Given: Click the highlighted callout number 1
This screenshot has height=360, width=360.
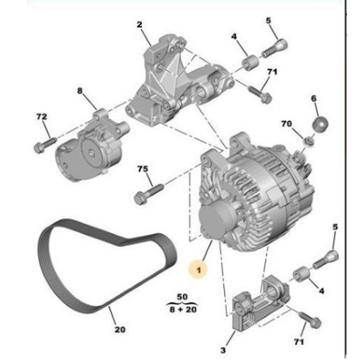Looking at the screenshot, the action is point(199,271).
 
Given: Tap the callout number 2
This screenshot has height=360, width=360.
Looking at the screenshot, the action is point(140,24).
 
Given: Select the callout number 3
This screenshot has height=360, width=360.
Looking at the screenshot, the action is point(223,351).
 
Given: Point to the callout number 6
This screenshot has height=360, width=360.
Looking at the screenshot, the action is point(314,99).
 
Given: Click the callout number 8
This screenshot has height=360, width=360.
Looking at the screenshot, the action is point(80,91).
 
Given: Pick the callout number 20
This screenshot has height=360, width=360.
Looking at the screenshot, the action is point(120,330).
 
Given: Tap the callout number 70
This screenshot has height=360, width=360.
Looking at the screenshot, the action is point(287,124).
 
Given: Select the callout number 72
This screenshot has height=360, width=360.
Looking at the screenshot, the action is point(42,117).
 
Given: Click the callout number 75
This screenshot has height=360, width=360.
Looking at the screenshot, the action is point(143,169).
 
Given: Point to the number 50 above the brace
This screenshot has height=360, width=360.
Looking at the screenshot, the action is point(182,297).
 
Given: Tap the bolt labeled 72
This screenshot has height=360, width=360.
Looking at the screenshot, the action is point(45,145).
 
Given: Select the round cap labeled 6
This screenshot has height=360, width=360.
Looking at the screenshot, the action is point(320,124).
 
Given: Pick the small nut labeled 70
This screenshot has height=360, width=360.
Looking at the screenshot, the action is point(310,140).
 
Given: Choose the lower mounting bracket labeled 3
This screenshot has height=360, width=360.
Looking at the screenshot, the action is point(261,304).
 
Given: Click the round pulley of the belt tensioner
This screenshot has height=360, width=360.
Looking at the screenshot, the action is point(91,153).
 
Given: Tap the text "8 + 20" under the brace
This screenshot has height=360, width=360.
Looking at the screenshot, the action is point(183,310).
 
